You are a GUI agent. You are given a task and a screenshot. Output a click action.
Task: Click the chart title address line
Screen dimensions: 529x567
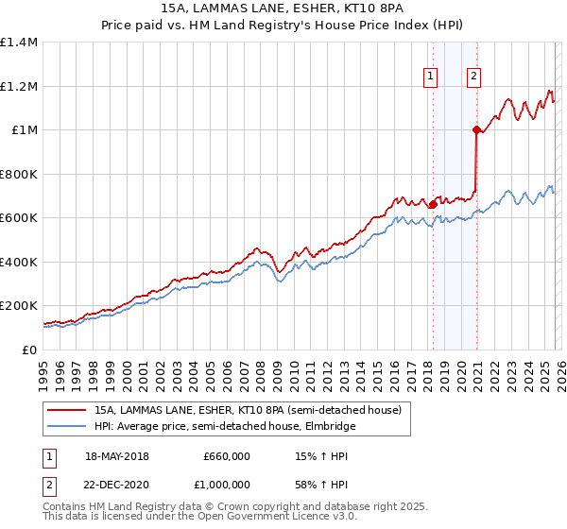(283, 9)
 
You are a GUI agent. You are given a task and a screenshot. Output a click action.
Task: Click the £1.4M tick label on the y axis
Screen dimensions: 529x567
(19, 43)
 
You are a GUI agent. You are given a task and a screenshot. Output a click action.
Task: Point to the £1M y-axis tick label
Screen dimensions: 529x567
(24, 130)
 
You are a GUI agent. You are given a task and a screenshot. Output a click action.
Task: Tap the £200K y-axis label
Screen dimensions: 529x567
(19, 306)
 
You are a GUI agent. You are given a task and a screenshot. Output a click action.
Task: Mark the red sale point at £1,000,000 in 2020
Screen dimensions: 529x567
(476, 130)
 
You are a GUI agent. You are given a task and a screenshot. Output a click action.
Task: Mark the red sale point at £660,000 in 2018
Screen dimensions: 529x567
(433, 204)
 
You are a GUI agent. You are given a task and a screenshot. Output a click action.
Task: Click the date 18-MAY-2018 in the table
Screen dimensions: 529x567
(117, 456)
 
